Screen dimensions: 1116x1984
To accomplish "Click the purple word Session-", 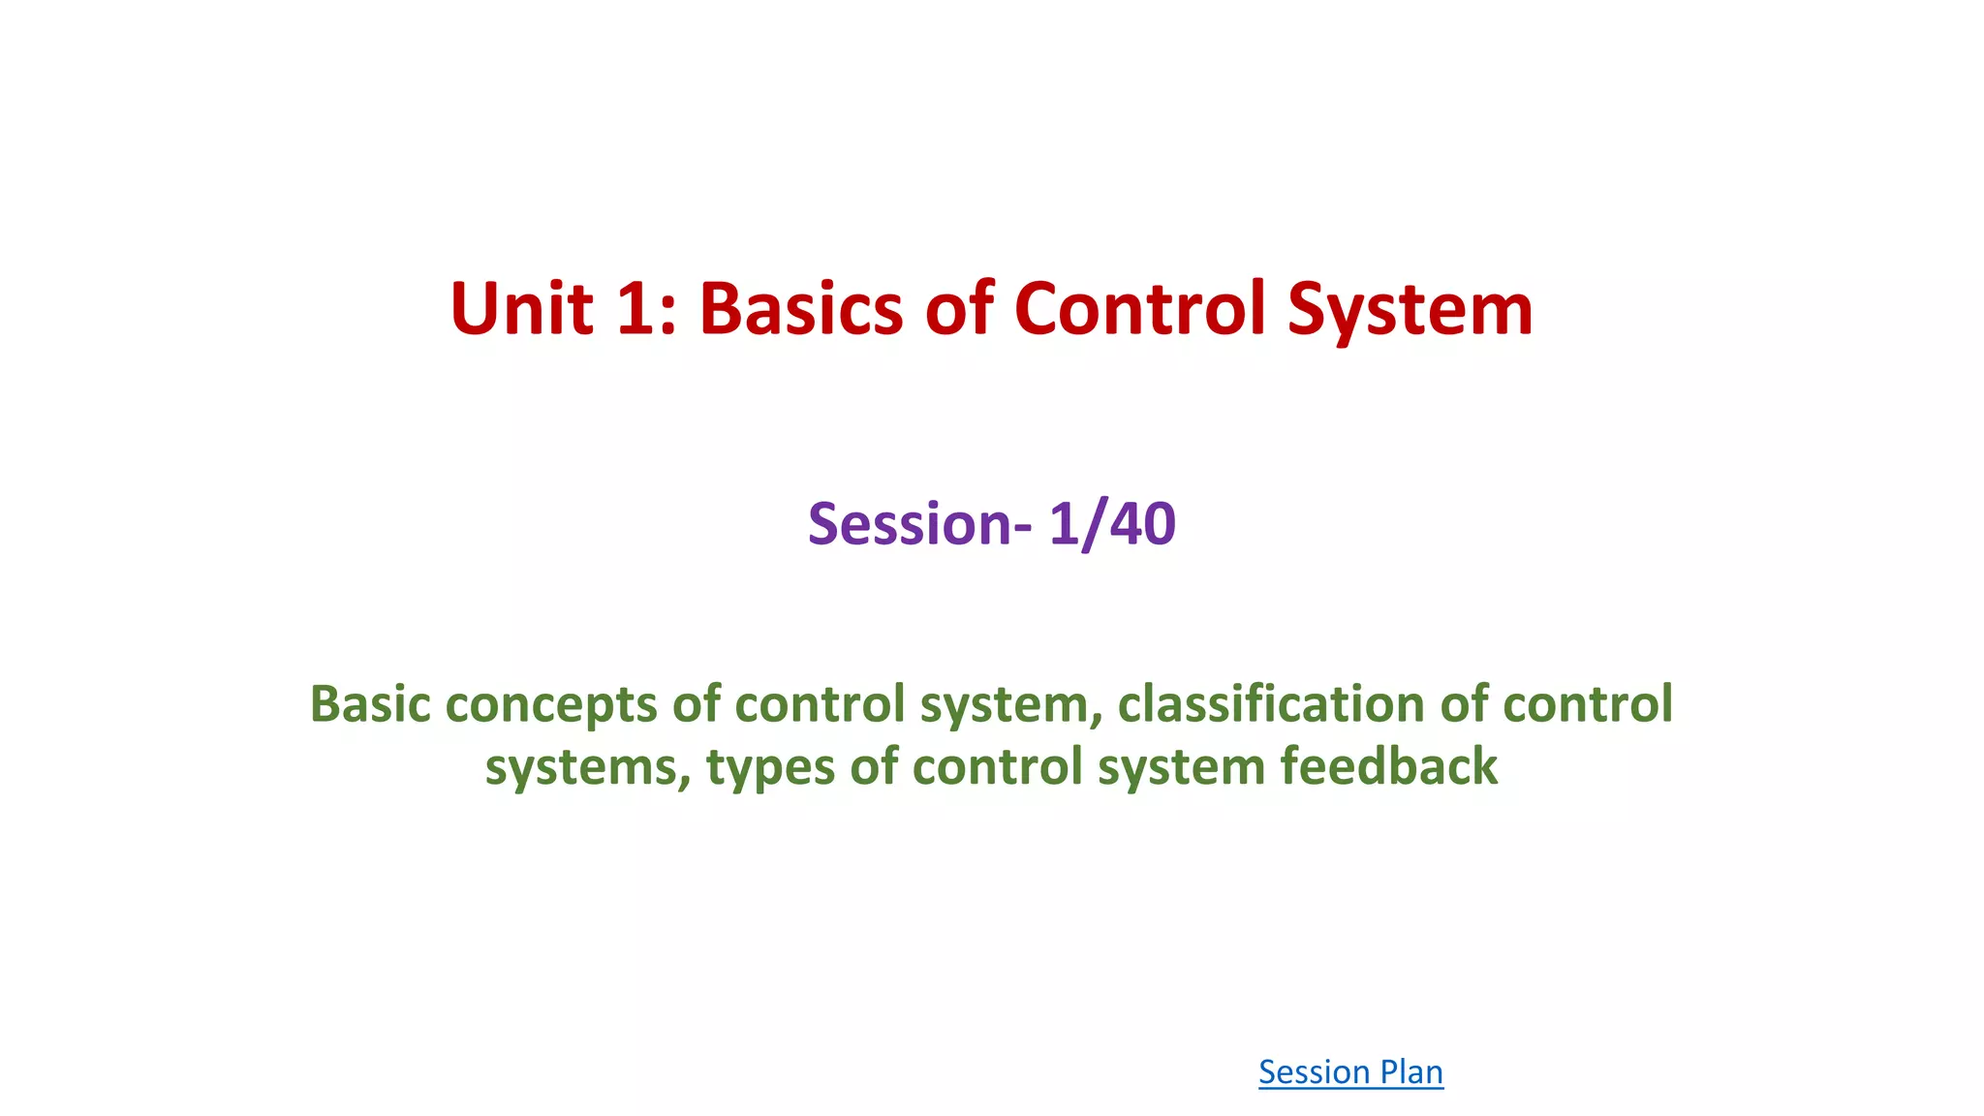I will (x=920, y=524).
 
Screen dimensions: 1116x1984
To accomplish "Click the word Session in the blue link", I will (x=1313, y=1072).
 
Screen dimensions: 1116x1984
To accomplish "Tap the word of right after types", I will (x=873, y=767).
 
